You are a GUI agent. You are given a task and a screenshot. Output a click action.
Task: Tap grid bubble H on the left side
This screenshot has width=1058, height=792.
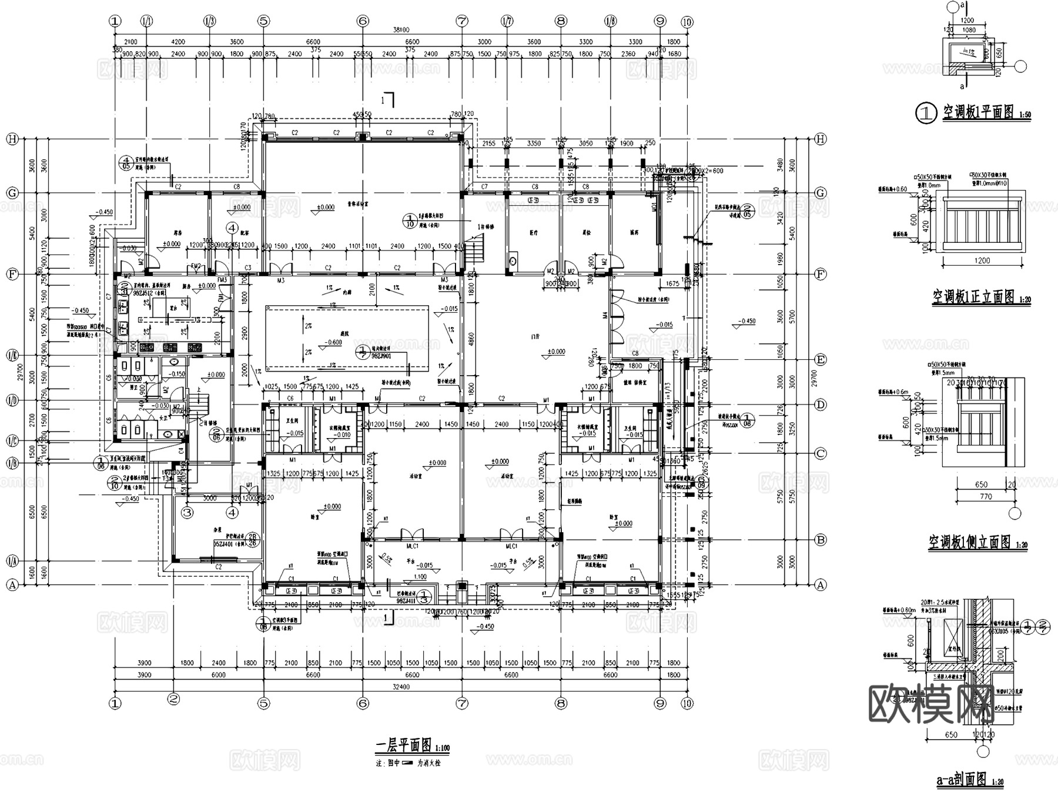(x=11, y=139)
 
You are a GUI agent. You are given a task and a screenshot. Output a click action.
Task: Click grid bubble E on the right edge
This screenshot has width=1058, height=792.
(x=821, y=360)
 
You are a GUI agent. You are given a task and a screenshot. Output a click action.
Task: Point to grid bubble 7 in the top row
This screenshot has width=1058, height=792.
(x=462, y=21)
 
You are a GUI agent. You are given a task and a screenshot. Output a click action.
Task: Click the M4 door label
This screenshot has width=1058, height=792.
(x=605, y=316)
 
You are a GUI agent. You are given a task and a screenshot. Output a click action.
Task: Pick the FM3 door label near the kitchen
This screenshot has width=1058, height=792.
(x=222, y=280)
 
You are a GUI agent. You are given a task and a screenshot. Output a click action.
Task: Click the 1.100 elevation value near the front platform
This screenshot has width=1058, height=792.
(x=420, y=577)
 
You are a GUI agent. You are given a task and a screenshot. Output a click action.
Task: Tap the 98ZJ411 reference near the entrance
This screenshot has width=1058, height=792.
(x=406, y=601)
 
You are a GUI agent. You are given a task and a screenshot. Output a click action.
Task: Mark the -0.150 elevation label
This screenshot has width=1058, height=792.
(x=176, y=374)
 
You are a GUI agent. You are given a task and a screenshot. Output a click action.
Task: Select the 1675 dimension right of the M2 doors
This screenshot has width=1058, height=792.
(x=672, y=283)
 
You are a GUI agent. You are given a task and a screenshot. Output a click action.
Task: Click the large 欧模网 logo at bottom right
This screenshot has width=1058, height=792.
(x=956, y=704)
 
